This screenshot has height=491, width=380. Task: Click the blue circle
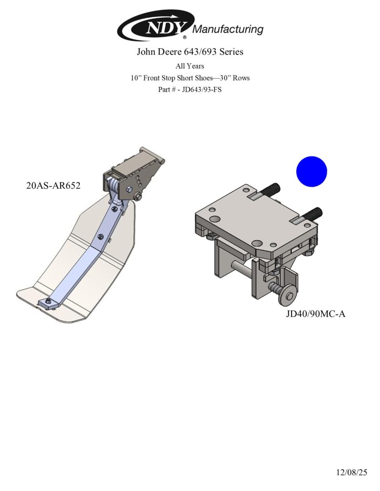point(311,171)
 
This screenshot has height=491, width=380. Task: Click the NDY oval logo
point(156,25)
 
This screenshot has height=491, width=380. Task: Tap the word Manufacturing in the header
point(228,29)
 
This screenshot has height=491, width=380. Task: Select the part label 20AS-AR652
point(53,185)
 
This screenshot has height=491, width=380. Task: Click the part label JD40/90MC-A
point(315,313)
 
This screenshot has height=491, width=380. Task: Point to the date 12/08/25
point(351,472)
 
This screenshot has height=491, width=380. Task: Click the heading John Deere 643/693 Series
point(190,52)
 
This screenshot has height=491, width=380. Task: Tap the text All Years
point(190,66)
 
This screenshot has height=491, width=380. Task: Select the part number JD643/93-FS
point(202,90)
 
